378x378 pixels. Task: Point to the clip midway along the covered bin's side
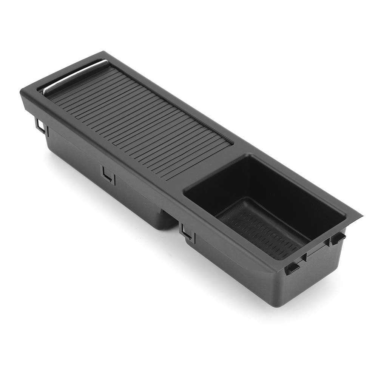(108, 174)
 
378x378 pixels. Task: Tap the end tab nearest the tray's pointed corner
(337, 238)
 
